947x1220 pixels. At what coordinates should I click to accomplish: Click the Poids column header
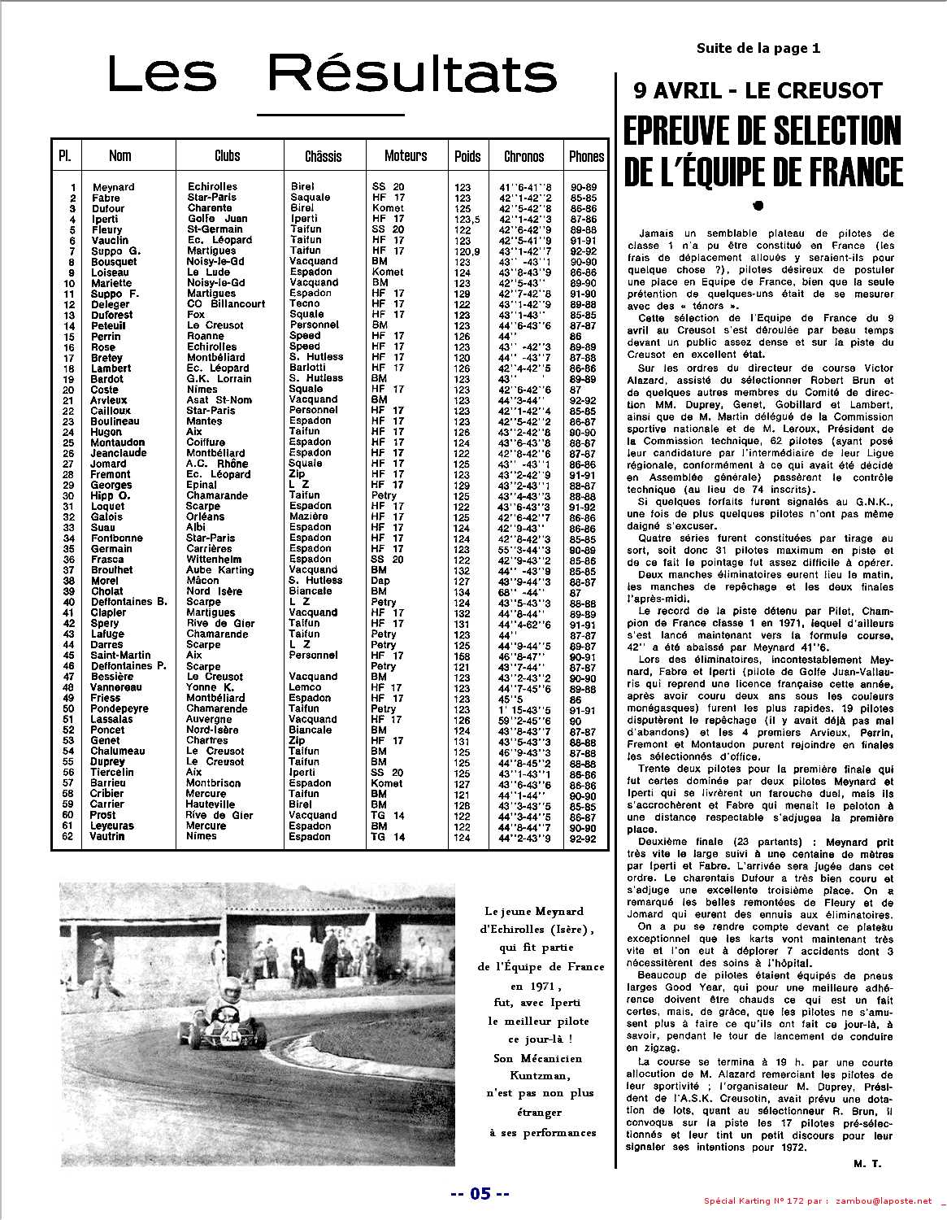tap(467, 155)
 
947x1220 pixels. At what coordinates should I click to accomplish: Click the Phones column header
tap(586, 155)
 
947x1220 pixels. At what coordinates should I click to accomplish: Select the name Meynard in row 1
tap(113, 187)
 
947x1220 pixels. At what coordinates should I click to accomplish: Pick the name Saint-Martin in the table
tap(120, 656)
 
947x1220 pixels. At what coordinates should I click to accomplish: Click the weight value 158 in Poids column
tap(463, 656)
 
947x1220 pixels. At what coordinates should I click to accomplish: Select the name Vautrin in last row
tap(108, 836)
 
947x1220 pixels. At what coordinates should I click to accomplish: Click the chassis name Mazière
tap(309, 516)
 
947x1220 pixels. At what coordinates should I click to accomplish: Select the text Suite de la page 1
tap(758, 48)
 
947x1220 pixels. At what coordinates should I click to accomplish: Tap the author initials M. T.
tap(867, 1164)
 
